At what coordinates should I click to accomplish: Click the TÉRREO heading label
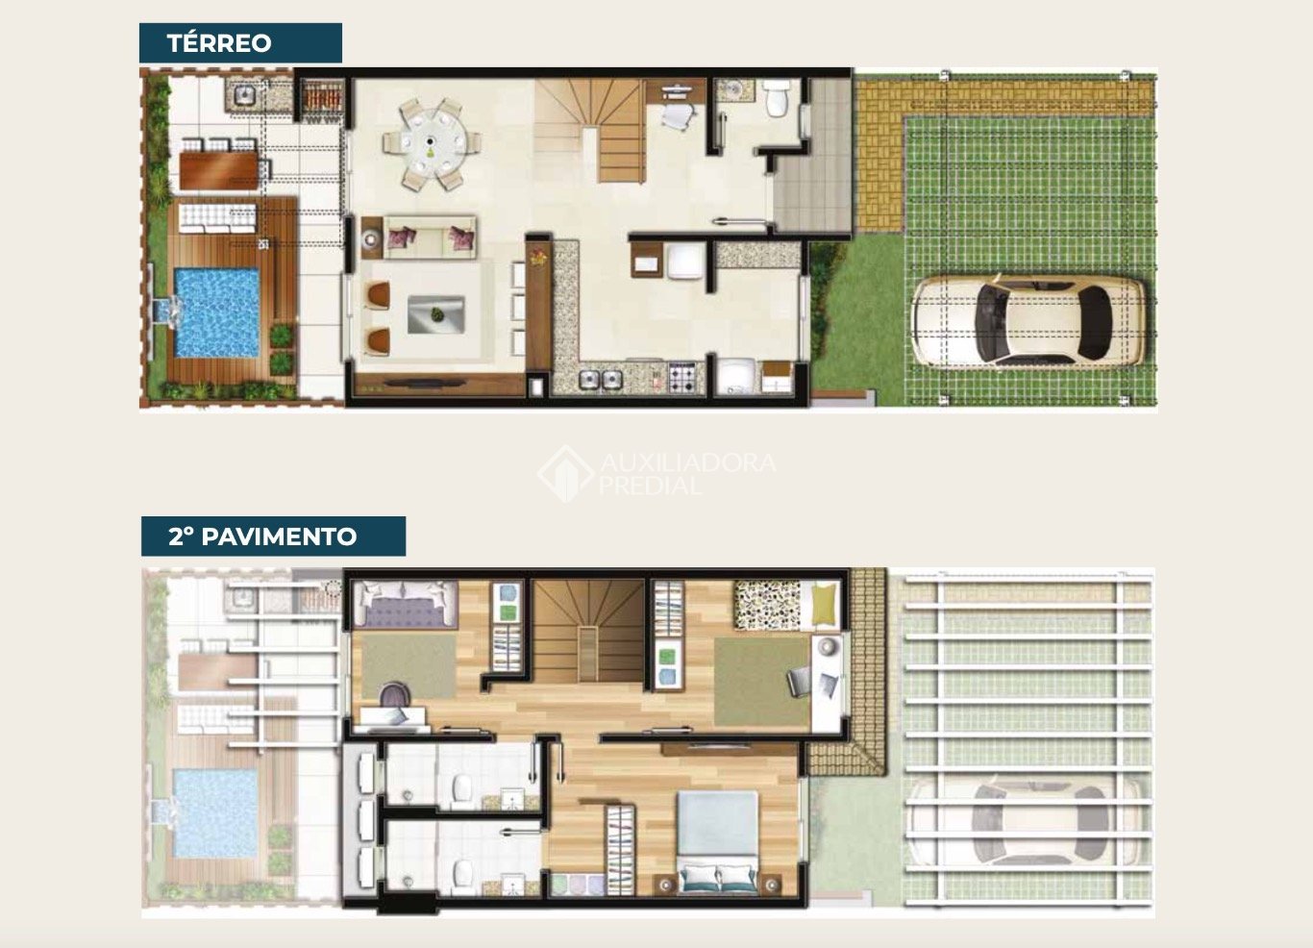(219, 43)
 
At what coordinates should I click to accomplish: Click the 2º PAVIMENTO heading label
(262, 536)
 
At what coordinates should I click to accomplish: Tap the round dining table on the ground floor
(432, 144)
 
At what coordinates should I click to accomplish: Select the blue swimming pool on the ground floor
(217, 313)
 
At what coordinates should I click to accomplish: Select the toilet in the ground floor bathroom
(778, 98)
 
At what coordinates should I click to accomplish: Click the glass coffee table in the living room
(436, 314)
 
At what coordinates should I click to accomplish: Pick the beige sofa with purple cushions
(430, 237)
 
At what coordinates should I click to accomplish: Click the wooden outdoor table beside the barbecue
(218, 170)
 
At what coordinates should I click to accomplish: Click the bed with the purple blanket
(405, 605)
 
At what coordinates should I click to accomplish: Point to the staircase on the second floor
(588, 631)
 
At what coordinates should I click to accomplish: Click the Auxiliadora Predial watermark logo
(656, 473)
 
